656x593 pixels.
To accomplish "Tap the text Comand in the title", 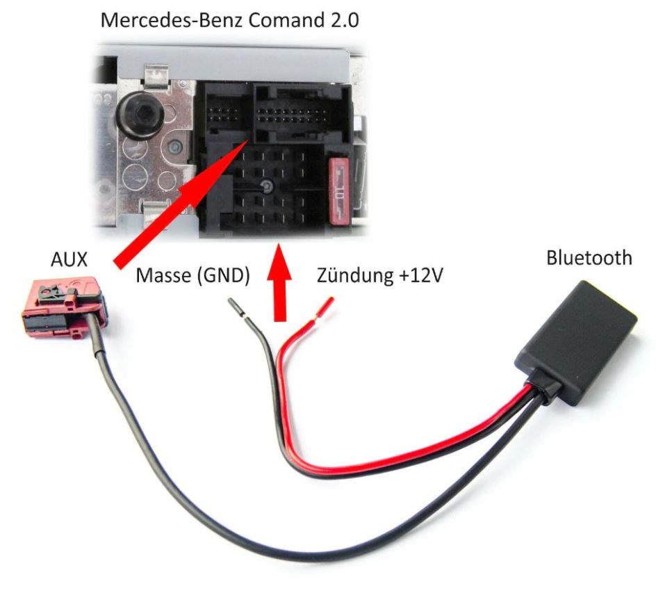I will [x=288, y=19].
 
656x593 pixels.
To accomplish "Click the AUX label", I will [x=69, y=259].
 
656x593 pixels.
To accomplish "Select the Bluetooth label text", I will [x=589, y=257].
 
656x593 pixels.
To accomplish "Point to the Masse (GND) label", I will [x=192, y=276].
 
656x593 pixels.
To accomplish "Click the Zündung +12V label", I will [x=380, y=276].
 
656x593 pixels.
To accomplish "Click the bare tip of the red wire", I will [x=327, y=306].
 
